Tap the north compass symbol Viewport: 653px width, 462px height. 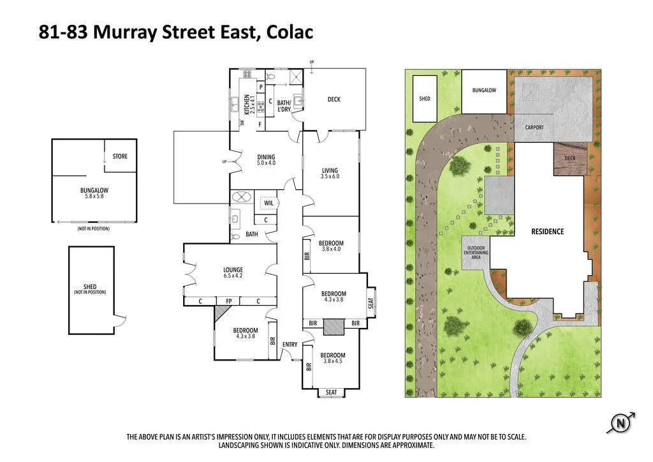pyautogui.click(x=619, y=422)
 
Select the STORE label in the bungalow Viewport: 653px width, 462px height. pyautogui.click(x=120, y=156)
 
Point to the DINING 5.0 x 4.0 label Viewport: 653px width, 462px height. pyautogui.click(x=266, y=160)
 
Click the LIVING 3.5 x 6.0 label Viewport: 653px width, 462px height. pyautogui.click(x=330, y=173)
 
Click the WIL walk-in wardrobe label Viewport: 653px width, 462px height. pyautogui.click(x=268, y=204)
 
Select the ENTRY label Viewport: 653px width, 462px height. pyautogui.click(x=290, y=345)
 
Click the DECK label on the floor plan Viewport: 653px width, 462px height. pyautogui.click(x=334, y=100)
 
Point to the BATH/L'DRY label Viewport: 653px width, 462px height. pyautogui.click(x=284, y=106)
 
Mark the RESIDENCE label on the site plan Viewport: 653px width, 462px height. pyautogui.click(x=547, y=232)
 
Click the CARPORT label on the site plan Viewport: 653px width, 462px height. pyautogui.click(x=534, y=128)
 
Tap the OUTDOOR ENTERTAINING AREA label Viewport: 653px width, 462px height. pyautogui.click(x=477, y=253)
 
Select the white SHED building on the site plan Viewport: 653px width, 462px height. pyautogui.click(x=425, y=99)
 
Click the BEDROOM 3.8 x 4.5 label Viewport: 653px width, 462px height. pyautogui.click(x=332, y=359)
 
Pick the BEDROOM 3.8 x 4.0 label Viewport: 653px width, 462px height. pyautogui.click(x=331, y=246)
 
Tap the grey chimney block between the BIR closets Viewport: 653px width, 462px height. pyautogui.click(x=332, y=327)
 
